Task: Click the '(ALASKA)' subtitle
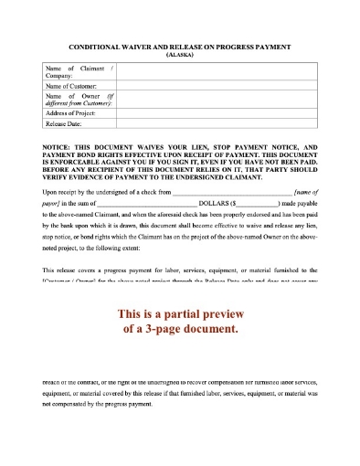(179, 56)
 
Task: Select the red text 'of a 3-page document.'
(180, 329)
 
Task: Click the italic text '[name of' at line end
(301, 192)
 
